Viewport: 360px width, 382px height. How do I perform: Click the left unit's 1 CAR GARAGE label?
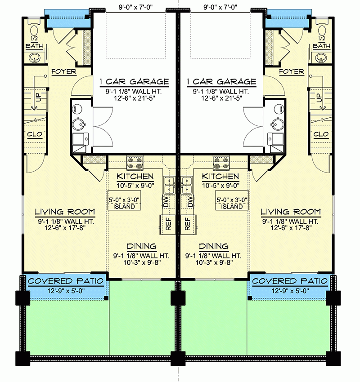coord(134,82)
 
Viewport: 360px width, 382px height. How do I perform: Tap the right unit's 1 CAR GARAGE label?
coord(221,82)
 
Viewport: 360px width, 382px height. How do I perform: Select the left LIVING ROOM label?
coord(65,212)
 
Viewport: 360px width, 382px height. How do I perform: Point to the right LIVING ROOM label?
coord(291,212)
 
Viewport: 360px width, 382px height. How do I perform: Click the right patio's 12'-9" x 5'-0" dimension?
coord(290,291)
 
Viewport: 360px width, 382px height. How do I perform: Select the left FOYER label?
coord(63,71)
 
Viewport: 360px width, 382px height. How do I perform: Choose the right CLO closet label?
coord(321,134)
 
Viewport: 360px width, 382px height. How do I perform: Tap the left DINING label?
coord(141,246)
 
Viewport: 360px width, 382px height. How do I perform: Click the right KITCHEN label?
coord(220,176)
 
